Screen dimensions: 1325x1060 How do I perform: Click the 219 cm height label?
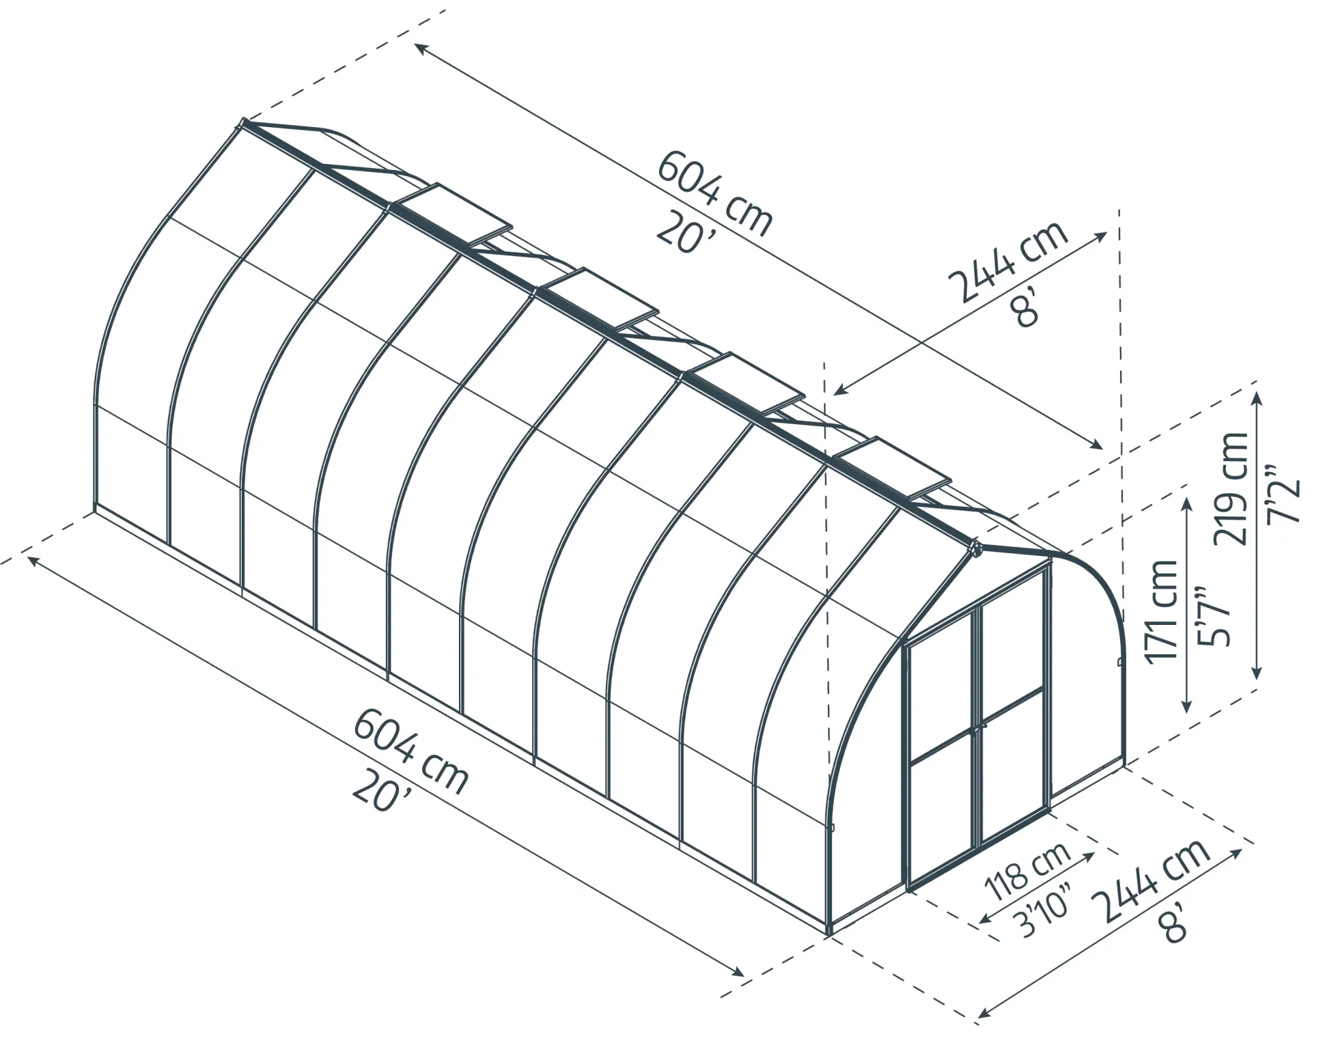[x=1230, y=488]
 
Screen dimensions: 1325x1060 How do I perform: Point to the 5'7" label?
[x=1213, y=615]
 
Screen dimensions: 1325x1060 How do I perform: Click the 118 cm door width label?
[x=1028, y=871]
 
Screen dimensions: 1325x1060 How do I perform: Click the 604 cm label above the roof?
[x=715, y=193]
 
